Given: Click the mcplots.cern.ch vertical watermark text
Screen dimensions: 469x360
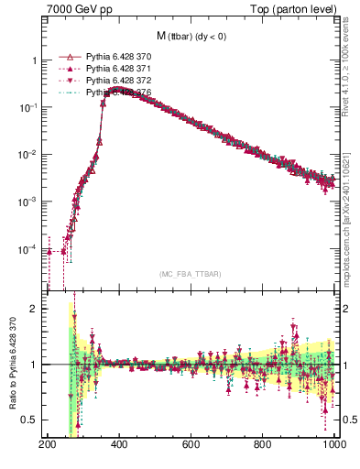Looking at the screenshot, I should [x=352, y=211].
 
